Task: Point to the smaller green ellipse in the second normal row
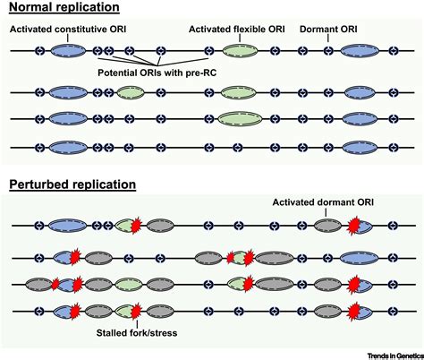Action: [131, 92]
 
